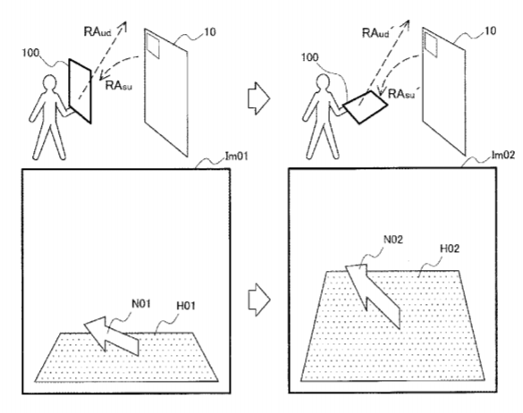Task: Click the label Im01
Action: (237, 156)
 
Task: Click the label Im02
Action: (503, 156)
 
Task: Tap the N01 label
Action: (141, 304)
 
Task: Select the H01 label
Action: (186, 306)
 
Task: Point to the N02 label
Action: (392, 240)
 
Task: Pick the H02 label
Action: (450, 249)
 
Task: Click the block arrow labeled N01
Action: (111, 335)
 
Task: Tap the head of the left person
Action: (50, 82)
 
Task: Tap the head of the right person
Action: (323, 81)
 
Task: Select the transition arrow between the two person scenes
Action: (258, 98)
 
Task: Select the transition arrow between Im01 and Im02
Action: (259, 299)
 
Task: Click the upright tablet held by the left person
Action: (80, 91)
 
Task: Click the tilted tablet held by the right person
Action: (366, 106)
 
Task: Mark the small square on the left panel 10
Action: (153, 46)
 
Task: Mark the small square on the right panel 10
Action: (431, 45)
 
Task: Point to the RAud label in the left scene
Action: (97, 32)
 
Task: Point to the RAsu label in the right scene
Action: (401, 94)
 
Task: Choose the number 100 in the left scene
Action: (30, 53)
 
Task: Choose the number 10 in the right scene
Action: (490, 31)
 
